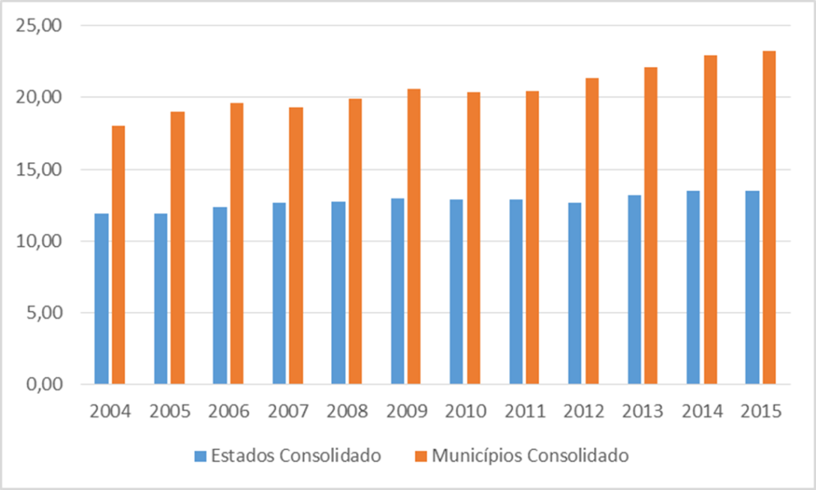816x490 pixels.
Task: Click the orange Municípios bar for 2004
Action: pyautogui.click(x=119, y=255)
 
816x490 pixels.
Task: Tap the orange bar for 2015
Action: pyautogui.click(x=769, y=218)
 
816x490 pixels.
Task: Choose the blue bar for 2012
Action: pyautogui.click(x=575, y=293)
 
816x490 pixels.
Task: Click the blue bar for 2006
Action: pyautogui.click(x=220, y=296)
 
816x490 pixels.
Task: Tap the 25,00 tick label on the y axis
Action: pyautogui.click(x=38, y=26)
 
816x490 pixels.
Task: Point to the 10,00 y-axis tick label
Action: pyautogui.click(x=38, y=242)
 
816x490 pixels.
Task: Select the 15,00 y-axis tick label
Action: pyautogui.click(x=38, y=170)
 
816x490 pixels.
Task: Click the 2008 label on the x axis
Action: pyautogui.click(x=347, y=412)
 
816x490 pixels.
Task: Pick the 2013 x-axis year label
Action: pyautogui.click(x=643, y=412)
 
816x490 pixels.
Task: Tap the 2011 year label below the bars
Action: pyautogui.click(x=524, y=412)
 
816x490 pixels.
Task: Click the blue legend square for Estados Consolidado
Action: pyautogui.click(x=200, y=455)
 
